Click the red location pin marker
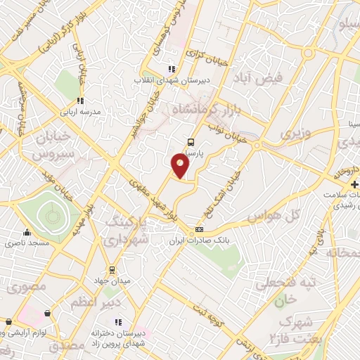pyautogui.click(x=181, y=165)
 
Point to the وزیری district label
pyautogui.click(x=294, y=132)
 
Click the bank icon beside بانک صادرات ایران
pyautogui.click(x=200, y=230)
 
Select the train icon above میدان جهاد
pyautogui.click(x=111, y=269)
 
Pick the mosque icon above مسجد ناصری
pyautogui.click(x=27, y=232)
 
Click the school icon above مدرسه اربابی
pyautogui.click(x=80, y=101)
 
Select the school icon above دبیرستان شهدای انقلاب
pyautogui.click(x=171, y=69)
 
